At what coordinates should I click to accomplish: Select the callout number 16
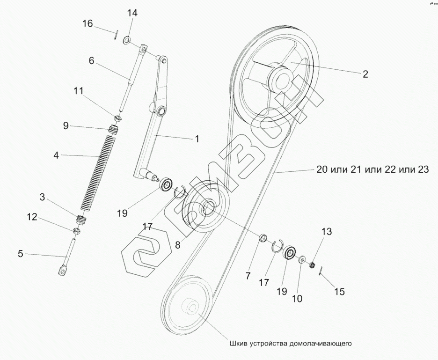88,24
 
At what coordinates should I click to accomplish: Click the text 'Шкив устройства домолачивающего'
291,343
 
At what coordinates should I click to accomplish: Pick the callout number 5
21,254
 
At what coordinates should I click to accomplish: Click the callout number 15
339,292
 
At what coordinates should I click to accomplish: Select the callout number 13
326,231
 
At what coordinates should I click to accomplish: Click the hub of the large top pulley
281,79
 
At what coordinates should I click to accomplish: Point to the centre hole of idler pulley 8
208,206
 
